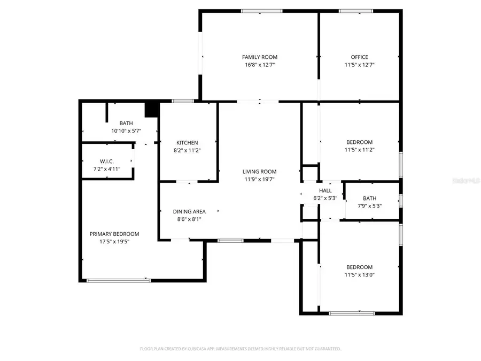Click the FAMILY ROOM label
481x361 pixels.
pos(260,57)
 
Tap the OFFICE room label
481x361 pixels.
pos(359,57)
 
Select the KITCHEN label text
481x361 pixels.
pos(187,143)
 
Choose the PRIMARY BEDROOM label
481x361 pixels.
pos(114,234)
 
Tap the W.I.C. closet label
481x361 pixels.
pos(107,162)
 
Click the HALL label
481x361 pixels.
pos(325,190)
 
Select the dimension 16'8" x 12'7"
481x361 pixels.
pos(260,65)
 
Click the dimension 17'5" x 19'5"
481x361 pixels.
pos(114,241)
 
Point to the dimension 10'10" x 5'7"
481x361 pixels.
pos(126,130)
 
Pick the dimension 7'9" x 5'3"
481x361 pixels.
pos(369,205)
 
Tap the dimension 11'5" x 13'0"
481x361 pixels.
pos(359,275)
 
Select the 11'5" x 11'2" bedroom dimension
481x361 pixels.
pos(359,150)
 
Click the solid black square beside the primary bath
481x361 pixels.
pos(152,109)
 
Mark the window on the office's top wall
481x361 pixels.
pos(356,11)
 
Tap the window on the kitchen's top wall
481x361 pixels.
pos(182,101)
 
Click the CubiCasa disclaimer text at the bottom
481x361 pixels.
pos(241,349)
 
